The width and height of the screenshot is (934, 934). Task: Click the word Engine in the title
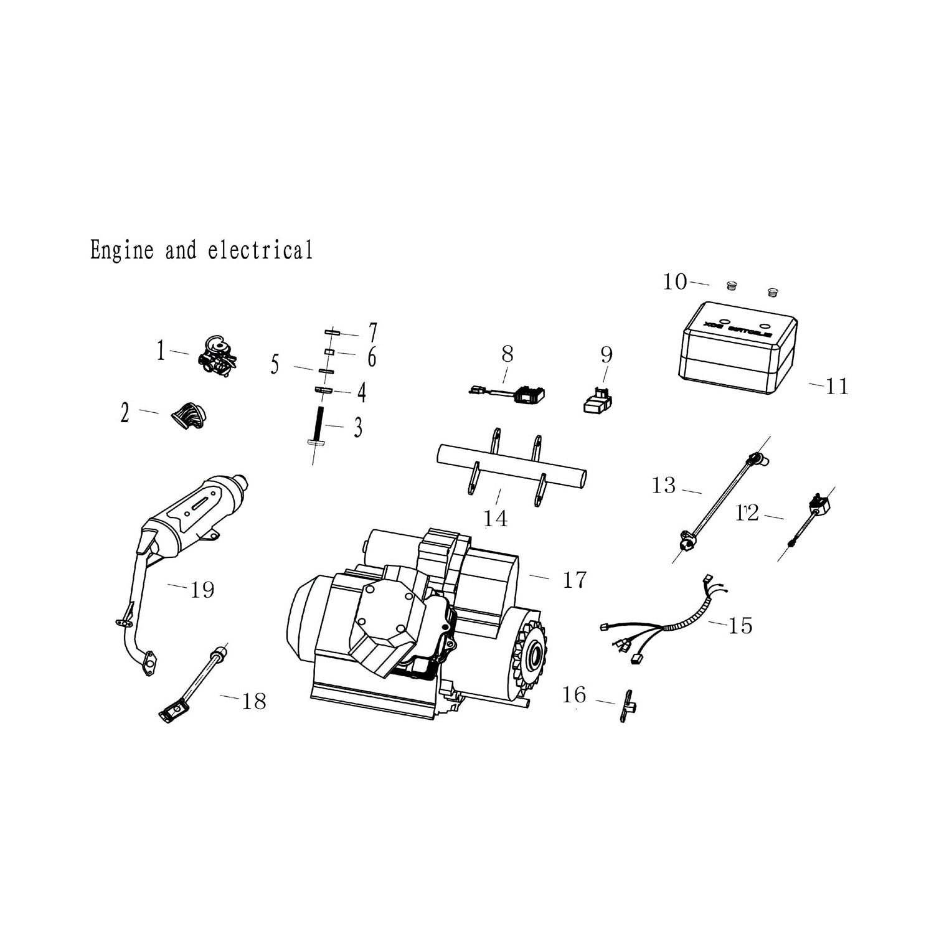[x=122, y=250]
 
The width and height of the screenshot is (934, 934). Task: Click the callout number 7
[x=372, y=331]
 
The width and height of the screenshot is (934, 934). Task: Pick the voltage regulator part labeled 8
[x=526, y=394]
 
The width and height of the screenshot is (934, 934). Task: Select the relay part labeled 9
[x=597, y=402]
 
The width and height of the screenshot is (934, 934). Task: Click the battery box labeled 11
[x=738, y=349]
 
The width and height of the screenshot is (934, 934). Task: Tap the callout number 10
[x=674, y=282]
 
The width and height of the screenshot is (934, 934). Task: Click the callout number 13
[x=663, y=485]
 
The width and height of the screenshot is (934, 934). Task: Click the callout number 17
[x=574, y=580]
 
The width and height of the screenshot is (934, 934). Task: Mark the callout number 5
[x=275, y=365]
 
